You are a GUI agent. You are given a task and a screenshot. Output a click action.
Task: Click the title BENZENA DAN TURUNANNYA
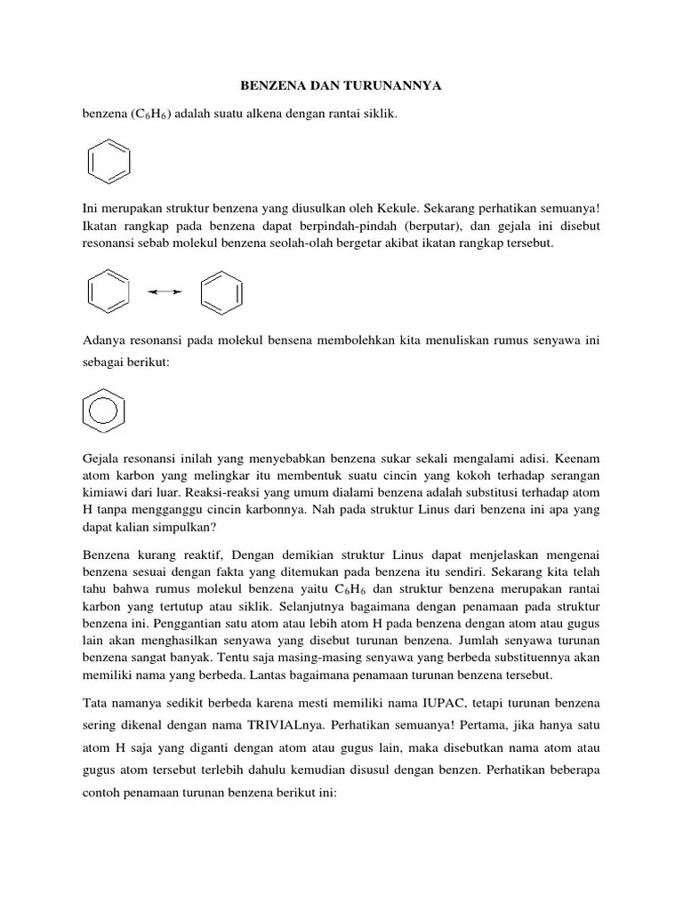click(x=341, y=86)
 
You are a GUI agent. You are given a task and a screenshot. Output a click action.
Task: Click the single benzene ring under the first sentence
click(x=109, y=161)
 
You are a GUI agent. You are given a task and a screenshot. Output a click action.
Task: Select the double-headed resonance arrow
click(x=165, y=291)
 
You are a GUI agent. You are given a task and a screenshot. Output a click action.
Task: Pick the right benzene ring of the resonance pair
click(x=220, y=291)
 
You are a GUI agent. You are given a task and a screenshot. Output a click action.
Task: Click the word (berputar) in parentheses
click(x=429, y=226)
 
